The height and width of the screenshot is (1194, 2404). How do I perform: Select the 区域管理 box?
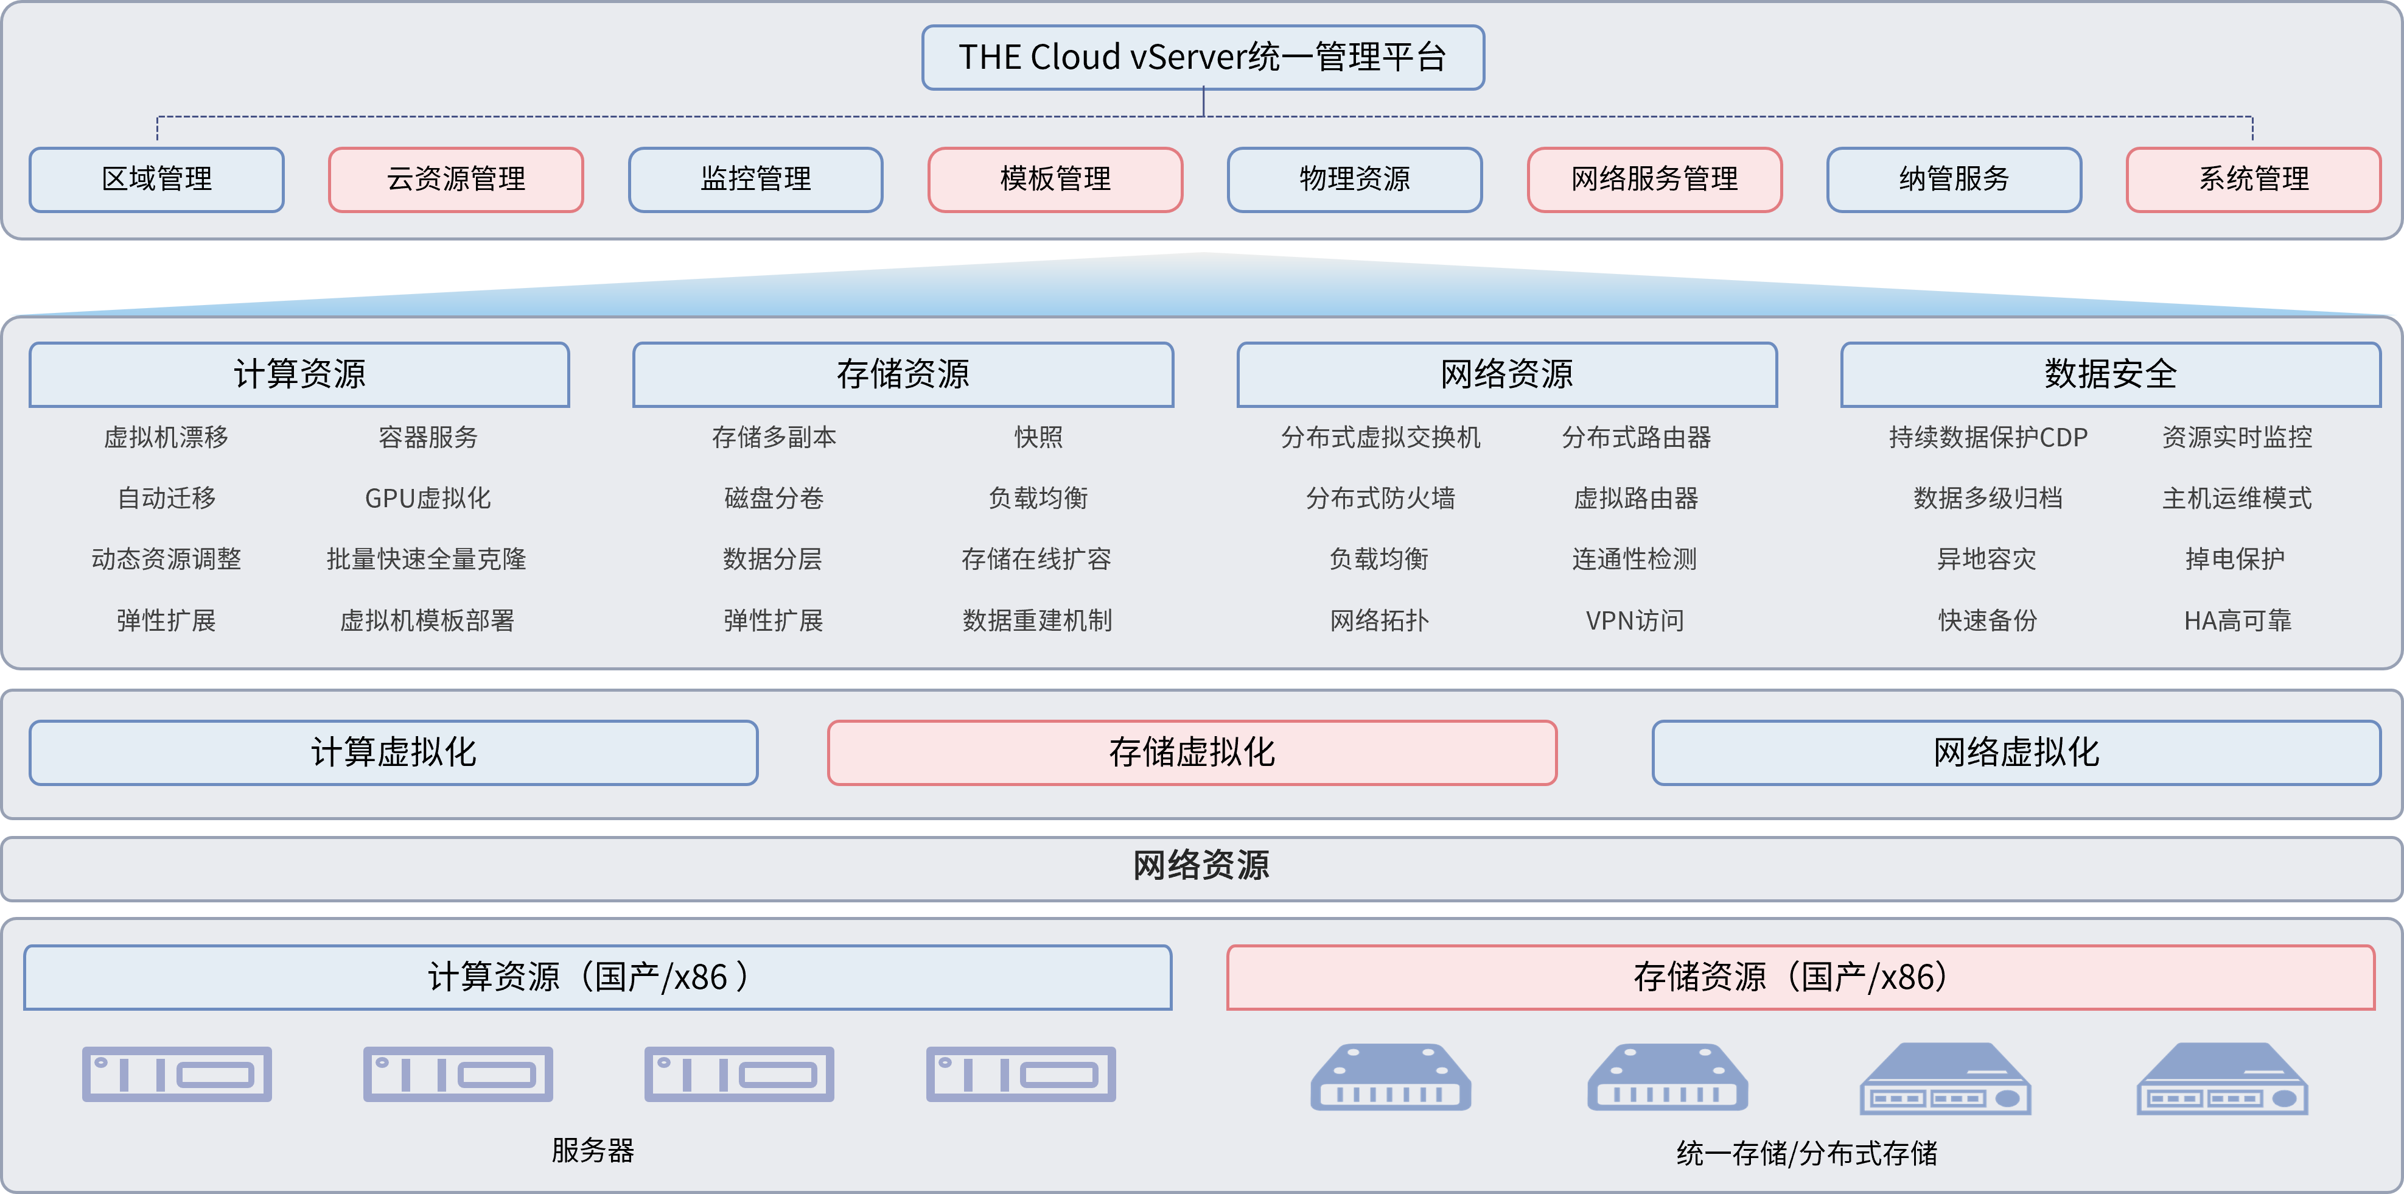pyautogui.click(x=157, y=179)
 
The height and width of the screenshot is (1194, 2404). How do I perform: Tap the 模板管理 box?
pyautogui.click(x=1055, y=179)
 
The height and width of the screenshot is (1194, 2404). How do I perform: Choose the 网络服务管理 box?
pyautogui.click(x=1654, y=179)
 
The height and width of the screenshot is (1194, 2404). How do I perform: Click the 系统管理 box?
pyautogui.click(x=2253, y=179)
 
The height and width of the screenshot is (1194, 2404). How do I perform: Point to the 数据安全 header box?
pyautogui.click(x=2110, y=374)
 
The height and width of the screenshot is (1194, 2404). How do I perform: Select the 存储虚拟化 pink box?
pyautogui.click(x=1192, y=753)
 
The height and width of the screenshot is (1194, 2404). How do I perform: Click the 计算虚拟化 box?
pyautogui.click(x=393, y=753)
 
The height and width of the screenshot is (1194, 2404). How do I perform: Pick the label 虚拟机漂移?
pyautogui.click(x=166, y=437)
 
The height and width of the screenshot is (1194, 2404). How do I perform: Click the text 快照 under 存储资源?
pyautogui.click(x=1038, y=437)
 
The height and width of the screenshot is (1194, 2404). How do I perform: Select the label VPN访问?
pyautogui.click(x=1634, y=621)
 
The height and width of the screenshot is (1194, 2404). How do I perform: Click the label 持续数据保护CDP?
pyautogui.click(x=1988, y=437)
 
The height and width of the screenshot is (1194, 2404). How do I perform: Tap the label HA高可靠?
pyautogui.click(x=2237, y=621)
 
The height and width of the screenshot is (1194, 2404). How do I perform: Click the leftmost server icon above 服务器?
pyautogui.click(x=176, y=1075)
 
